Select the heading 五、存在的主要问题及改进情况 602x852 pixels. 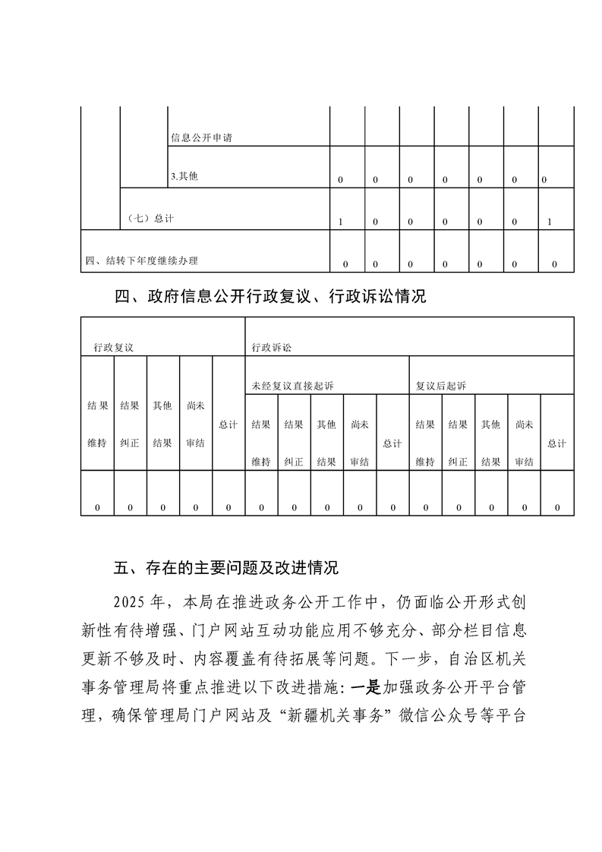[x=225, y=567]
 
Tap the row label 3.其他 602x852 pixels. [x=184, y=177]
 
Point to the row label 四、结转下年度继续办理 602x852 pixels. [x=142, y=261]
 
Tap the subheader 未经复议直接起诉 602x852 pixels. [x=293, y=386]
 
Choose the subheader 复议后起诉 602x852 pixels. [x=441, y=386]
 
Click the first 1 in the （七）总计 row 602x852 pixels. [x=341, y=222]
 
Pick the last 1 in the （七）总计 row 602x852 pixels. [x=549, y=222]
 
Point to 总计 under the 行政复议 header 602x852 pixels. [x=229, y=424]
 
